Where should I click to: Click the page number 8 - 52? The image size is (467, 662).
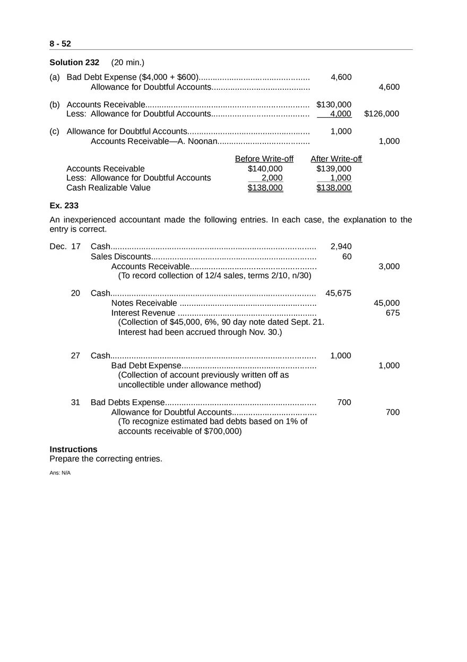(x=60, y=44)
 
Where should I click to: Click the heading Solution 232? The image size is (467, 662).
(x=74, y=63)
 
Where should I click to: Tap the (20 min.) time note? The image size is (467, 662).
(x=127, y=63)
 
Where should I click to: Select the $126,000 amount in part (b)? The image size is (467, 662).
(x=382, y=114)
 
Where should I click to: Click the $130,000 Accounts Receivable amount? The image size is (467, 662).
(x=334, y=105)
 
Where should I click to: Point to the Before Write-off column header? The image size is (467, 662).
(x=264, y=159)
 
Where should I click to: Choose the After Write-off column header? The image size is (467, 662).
(x=336, y=159)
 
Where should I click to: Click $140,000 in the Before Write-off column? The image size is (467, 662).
(x=265, y=169)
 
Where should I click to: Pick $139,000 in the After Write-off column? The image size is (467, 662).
(x=334, y=169)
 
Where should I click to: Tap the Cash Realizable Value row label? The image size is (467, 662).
(x=108, y=188)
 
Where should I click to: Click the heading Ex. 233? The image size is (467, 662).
(x=64, y=206)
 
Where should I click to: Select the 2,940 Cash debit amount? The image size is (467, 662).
(x=341, y=246)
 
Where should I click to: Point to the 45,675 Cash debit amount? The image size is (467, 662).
(x=338, y=293)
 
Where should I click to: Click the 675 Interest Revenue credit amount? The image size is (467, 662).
(x=393, y=313)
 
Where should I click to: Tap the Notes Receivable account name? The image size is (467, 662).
(x=144, y=303)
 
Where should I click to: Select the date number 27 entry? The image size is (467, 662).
(x=75, y=356)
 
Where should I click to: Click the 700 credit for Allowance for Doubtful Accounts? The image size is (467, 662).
(x=393, y=412)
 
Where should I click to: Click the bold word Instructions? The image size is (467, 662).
(x=73, y=449)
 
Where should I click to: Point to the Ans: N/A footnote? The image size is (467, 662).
(x=60, y=472)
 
